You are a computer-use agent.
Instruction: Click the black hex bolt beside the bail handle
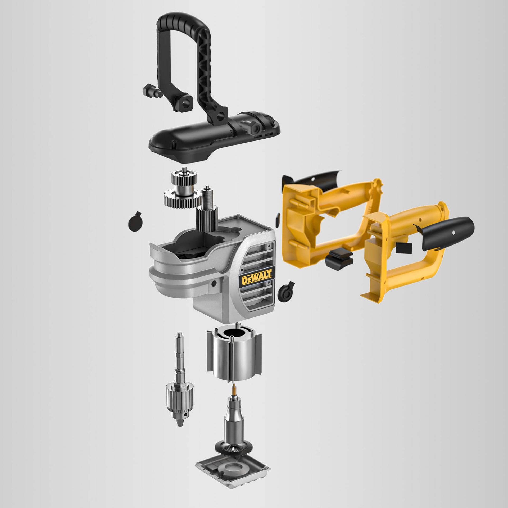(152, 90)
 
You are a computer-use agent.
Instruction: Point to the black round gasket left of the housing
(135, 221)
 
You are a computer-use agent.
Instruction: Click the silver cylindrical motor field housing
(234, 352)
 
